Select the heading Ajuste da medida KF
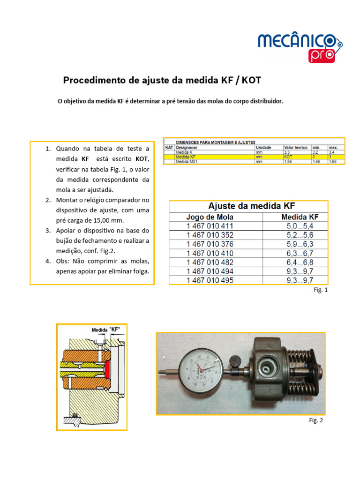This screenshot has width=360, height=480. pyautogui.click(x=248, y=206)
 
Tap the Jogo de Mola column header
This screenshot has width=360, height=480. pyautogui.click(x=210, y=217)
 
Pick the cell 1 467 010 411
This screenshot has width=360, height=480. pyautogui.click(x=210, y=226)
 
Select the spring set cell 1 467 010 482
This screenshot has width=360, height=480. pyautogui.click(x=210, y=262)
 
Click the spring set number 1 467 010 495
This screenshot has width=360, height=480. pyautogui.click(x=210, y=281)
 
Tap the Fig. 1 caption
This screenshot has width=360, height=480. pyautogui.click(x=321, y=291)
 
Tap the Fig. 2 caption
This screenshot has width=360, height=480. pyautogui.click(x=316, y=420)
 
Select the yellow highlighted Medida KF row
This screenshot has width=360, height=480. pyautogui.click(x=253, y=157)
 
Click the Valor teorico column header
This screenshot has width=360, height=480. pyautogui.click(x=296, y=147)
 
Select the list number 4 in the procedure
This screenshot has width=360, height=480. pyautogui.click(x=48, y=261)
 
